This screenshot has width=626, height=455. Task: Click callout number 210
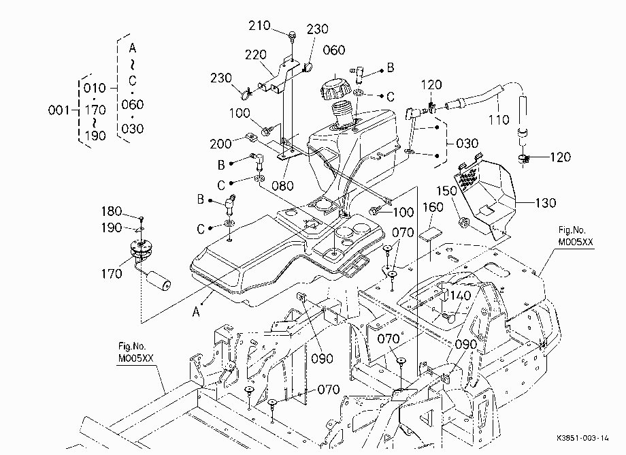(259, 26)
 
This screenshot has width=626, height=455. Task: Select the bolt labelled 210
(293, 35)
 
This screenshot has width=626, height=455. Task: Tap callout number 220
(256, 54)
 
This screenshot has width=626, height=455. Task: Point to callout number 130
(545, 203)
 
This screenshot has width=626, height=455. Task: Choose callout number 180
(112, 211)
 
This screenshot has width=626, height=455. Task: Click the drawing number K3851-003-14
(582, 438)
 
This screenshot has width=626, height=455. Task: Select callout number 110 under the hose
(499, 119)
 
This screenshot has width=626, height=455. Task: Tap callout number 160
(433, 207)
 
